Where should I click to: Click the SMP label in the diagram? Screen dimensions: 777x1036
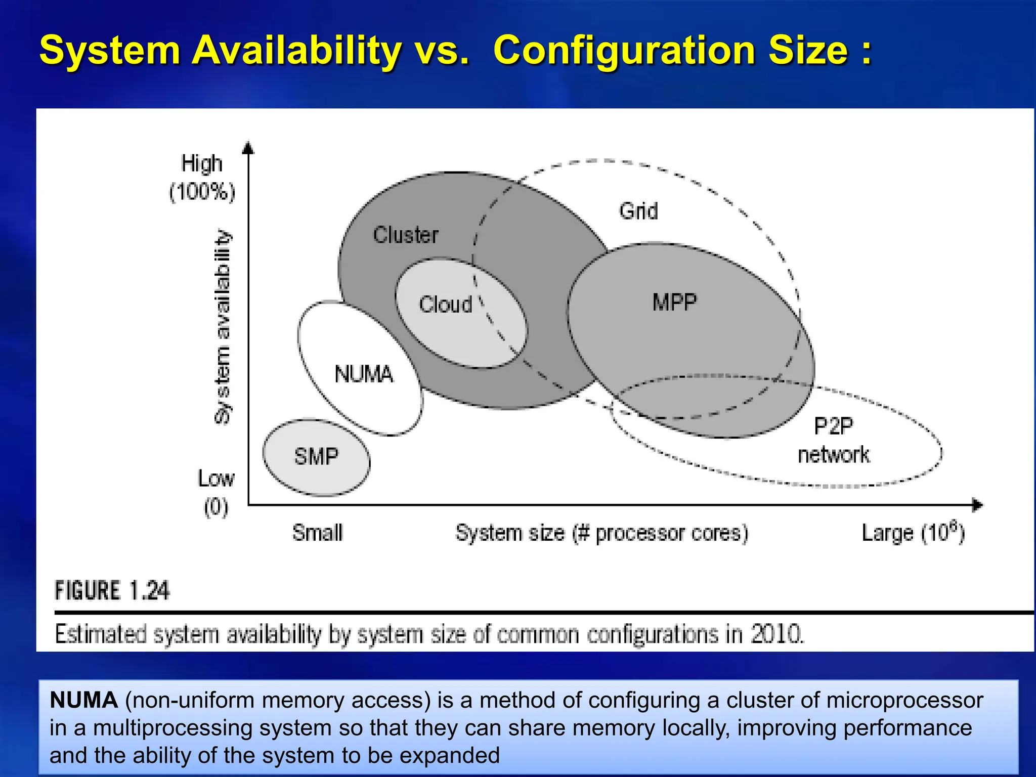316,457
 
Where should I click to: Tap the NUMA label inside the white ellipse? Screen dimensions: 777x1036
364,374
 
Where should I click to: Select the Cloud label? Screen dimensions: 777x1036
445,305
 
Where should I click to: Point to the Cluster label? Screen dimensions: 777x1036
406,235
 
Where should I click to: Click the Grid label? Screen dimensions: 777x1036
638,210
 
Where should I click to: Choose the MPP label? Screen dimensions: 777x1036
674,303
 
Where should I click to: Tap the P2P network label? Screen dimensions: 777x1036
834,441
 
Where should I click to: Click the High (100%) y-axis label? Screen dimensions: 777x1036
202,178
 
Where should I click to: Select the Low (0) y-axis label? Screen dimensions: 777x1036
216,492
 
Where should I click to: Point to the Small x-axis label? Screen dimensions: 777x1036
317,533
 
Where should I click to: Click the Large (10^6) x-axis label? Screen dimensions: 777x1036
913,533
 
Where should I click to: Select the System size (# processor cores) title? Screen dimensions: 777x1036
601,533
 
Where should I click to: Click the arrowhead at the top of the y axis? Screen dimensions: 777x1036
248,147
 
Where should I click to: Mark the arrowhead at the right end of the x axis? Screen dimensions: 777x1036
978,505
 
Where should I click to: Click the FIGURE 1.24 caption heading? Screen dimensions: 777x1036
112,591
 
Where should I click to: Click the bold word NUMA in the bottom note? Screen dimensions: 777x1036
83,700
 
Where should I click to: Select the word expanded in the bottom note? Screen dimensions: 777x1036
449,755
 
